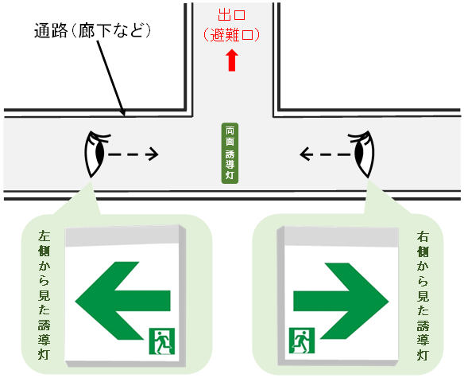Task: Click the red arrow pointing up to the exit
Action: tap(232, 60)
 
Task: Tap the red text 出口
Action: tap(232, 15)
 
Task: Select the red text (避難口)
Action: tap(231, 35)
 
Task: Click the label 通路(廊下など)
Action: tap(93, 31)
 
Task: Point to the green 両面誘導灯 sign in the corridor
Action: tap(230, 154)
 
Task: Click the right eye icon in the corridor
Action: tap(362, 154)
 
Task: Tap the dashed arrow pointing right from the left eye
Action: tap(133, 154)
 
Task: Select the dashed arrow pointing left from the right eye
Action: tap(325, 154)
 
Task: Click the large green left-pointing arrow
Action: tap(122, 301)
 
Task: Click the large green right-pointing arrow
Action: tap(341, 301)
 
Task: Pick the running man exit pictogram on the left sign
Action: tap(162, 341)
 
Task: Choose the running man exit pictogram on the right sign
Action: tap(302, 341)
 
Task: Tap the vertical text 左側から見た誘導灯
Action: tap(44, 295)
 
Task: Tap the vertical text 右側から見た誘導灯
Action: tap(423, 295)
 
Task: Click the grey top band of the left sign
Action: tap(122, 236)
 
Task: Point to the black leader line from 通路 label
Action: tap(110, 78)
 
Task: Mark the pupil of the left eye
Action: tap(99, 153)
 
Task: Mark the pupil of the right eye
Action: tap(359, 152)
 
